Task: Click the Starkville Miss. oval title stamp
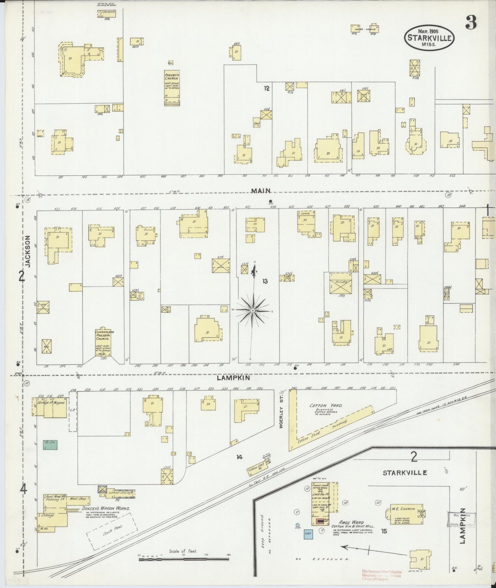pyautogui.click(x=429, y=38)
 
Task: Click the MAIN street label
pyautogui.click(x=261, y=190)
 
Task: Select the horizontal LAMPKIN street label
pyautogui.click(x=233, y=378)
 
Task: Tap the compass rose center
pyautogui.click(x=253, y=310)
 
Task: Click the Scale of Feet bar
pyautogui.click(x=184, y=559)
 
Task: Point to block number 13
pyautogui.click(x=265, y=281)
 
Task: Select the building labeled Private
pyautogui.click(x=338, y=283)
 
